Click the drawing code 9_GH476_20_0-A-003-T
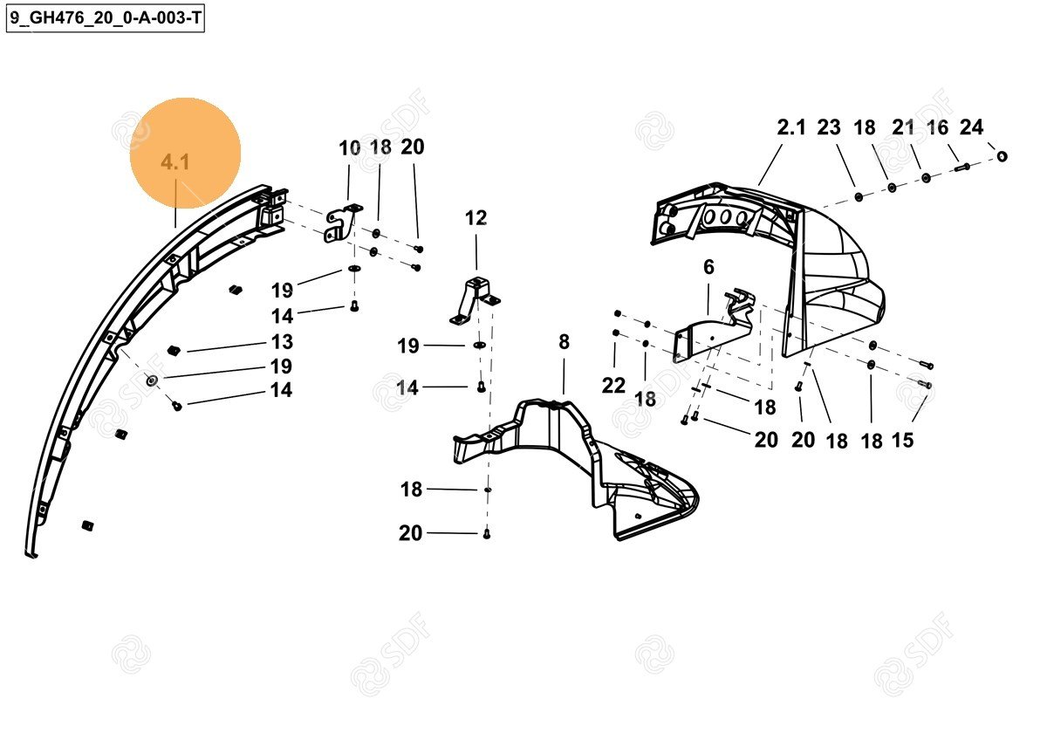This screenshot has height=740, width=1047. pyautogui.click(x=106, y=17)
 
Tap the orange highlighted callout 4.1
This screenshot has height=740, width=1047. pyautogui.click(x=175, y=162)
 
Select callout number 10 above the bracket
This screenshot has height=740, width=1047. pyautogui.click(x=349, y=148)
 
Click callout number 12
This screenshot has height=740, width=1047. pyautogui.click(x=476, y=218)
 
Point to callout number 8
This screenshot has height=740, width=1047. pyautogui.click(x=564, y=342)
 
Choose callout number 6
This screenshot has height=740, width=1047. pyautogui.click(x=708, y=267)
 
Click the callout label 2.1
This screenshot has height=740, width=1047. pyautogui.click(x=791, y=128)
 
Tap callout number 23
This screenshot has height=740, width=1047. pyautogui.click(x=829, y=128)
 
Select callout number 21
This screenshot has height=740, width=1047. pyautogui.click(x=903, y=128)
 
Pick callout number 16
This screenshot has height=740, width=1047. pyautogui.click(x=937, y=128)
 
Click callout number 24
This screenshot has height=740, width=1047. pyautogui.click(x=971, y=128)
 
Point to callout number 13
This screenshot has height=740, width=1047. pyautogui.click(x=281, y=342)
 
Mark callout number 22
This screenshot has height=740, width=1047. pyautogui.click(x=613, y=386)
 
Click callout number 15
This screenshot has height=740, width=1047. pyautogui.click(x=902, y=441)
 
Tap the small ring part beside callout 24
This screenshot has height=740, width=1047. pyautogui.click(x=1003, y=156)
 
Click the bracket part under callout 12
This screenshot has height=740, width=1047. pyautogui.click(x=474, y=301)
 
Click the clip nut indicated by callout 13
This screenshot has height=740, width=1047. pyautogui.click(x=173, y=350)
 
